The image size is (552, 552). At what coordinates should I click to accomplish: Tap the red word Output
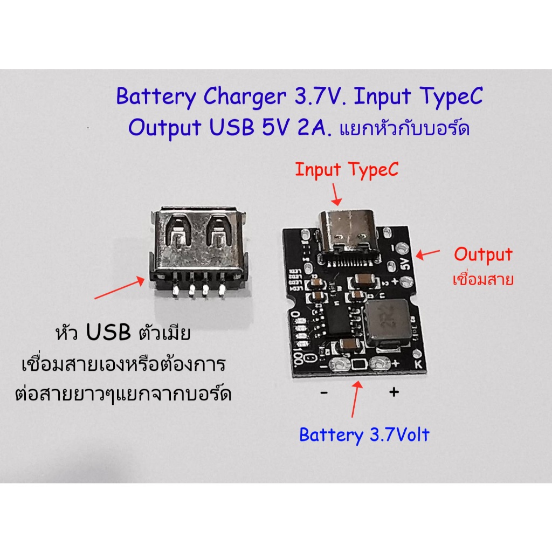point(483,254)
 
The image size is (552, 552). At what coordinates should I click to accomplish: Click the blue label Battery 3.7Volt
point(364,434)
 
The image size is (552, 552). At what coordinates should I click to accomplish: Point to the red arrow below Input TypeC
point(336,193)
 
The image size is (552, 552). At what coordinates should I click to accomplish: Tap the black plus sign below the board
point(394,392)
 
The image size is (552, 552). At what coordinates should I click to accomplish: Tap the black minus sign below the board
point(323,393)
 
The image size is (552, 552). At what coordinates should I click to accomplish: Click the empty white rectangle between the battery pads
point(358,365)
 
